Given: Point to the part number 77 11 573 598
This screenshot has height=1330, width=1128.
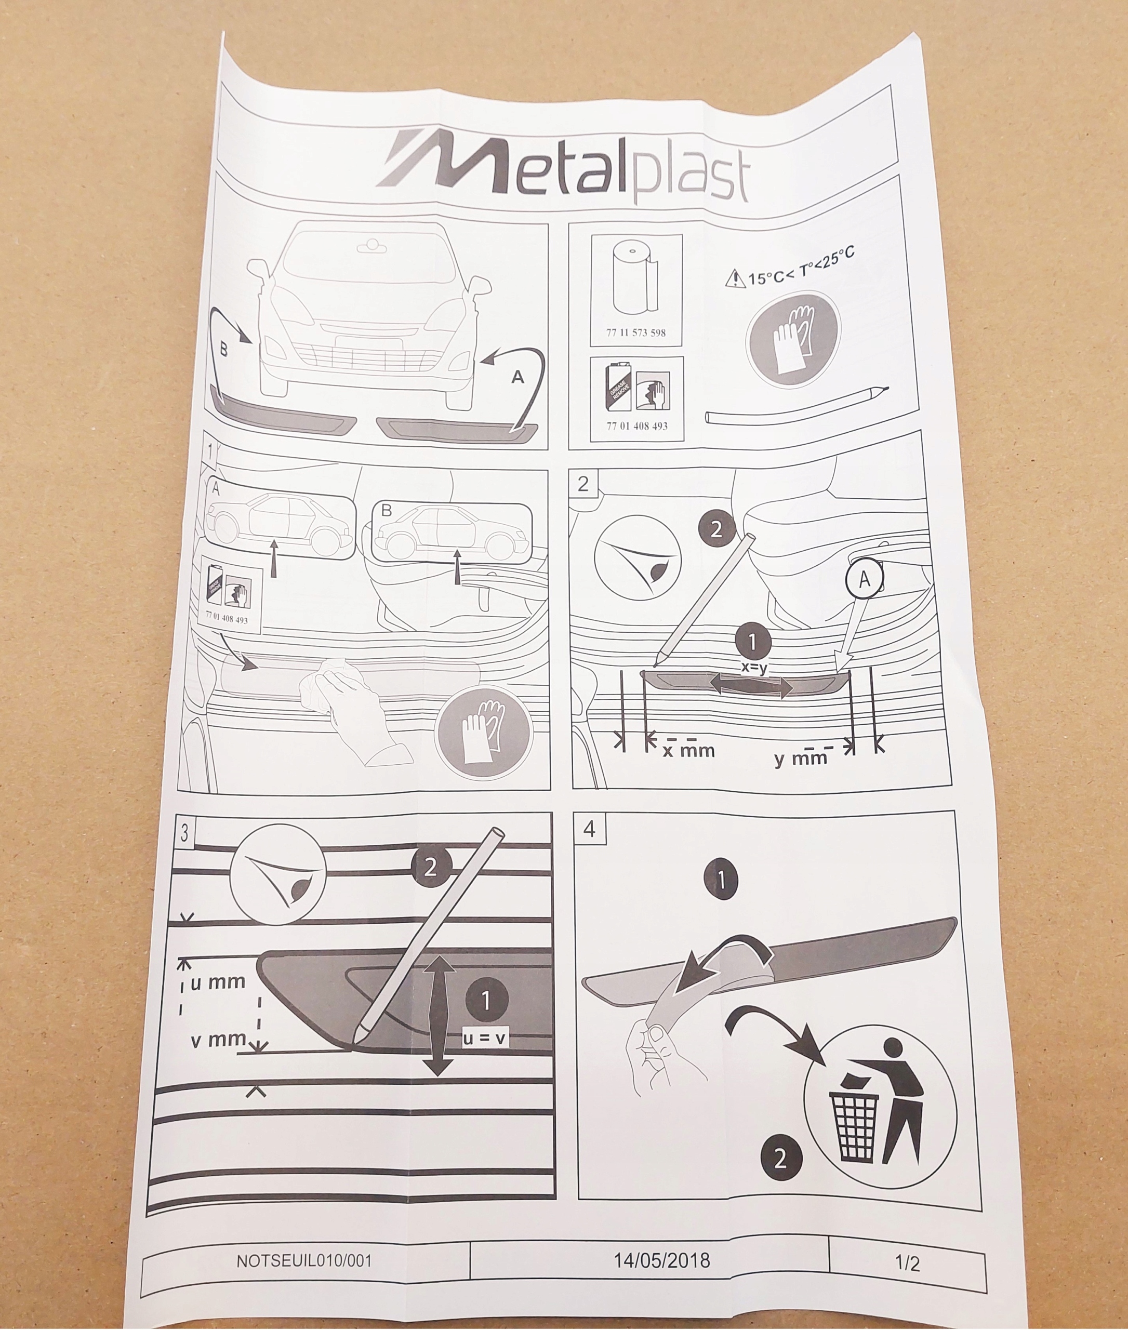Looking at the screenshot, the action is [x=635, y=332].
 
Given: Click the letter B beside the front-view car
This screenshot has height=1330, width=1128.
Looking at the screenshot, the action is [x=223, y=350].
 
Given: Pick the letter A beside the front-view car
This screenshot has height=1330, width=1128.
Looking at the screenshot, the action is [x=517, y=377].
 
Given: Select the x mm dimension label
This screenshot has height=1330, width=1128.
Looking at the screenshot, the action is [x=688, y=751].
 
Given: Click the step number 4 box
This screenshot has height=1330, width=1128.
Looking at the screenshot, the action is [x=589, y=829].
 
